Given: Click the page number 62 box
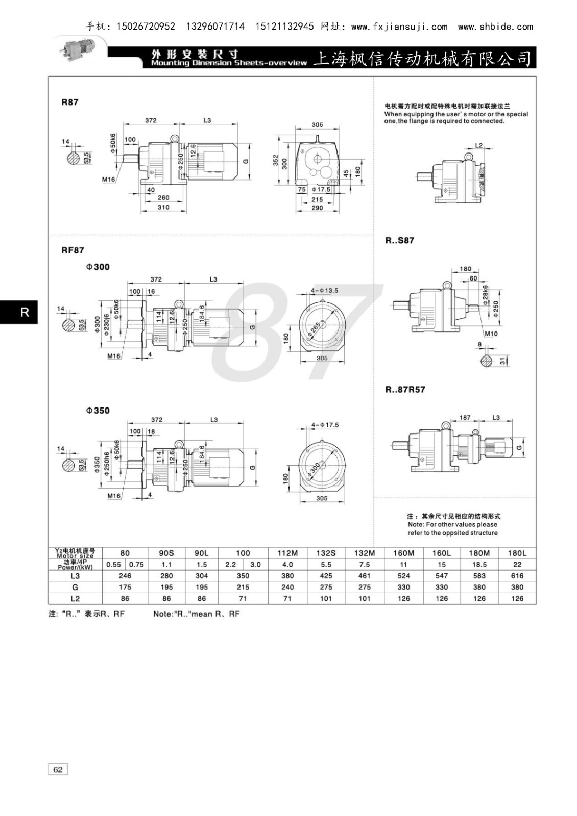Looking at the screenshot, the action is (x=58, y=770).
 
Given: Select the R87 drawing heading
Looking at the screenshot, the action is (x=69, y=102).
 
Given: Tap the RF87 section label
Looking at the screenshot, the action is (x=73, y=250).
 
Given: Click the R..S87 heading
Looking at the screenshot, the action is (x=400, y=240).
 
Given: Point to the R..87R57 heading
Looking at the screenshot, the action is (x=405, y=390).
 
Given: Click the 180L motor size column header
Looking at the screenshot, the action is (x=517, y=553).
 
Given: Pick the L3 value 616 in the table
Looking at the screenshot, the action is (x=517, y=576).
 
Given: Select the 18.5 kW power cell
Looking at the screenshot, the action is (x=479, y=564).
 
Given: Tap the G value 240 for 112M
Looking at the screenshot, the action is (x=287, y=587).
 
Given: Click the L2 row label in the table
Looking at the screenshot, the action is (x=75, y=598).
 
